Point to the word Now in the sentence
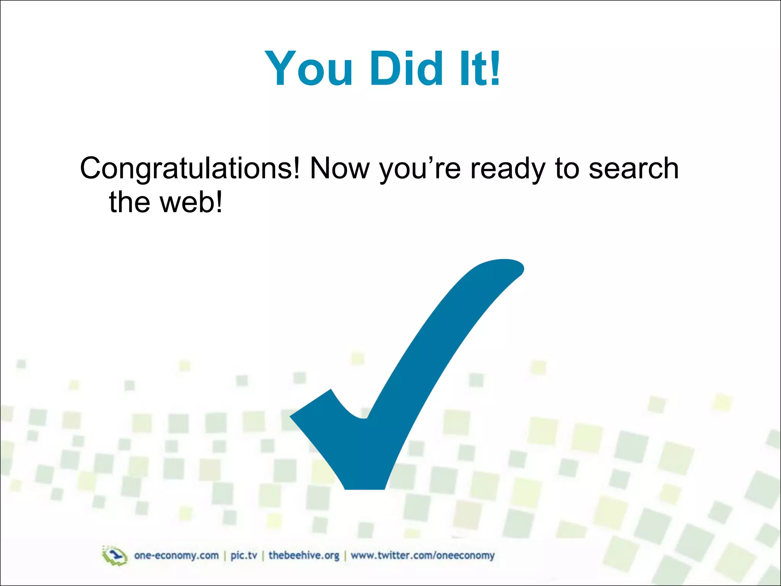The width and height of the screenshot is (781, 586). point(340,169)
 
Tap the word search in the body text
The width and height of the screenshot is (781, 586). point(634,169)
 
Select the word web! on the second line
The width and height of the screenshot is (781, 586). point(191,202)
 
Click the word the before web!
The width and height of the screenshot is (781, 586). point(130,202)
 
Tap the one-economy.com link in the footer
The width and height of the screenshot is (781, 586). point(177,555)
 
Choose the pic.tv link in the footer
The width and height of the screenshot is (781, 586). point(244,555)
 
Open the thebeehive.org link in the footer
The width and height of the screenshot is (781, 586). point(304,555)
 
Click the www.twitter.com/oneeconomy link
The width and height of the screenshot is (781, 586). point(423,555)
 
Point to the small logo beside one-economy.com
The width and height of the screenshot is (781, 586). point(114,555)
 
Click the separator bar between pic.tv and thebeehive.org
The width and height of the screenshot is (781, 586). point(263,556)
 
